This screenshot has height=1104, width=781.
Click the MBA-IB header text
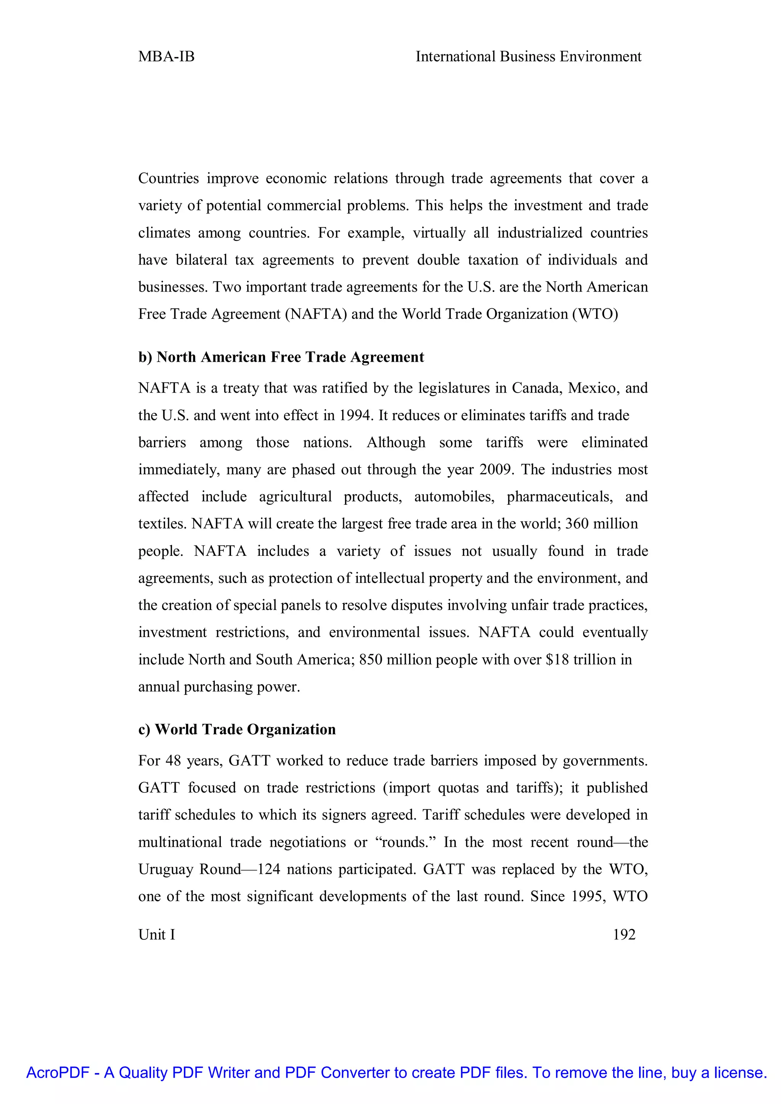click(x=166, y=57)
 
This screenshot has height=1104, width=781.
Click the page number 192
click(x=624, y=944)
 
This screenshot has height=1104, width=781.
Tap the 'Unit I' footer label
click(x=156, y=944)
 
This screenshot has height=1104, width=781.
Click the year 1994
click(x=355, y=416)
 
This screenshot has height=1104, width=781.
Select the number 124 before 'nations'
click(x=269, y=869)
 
